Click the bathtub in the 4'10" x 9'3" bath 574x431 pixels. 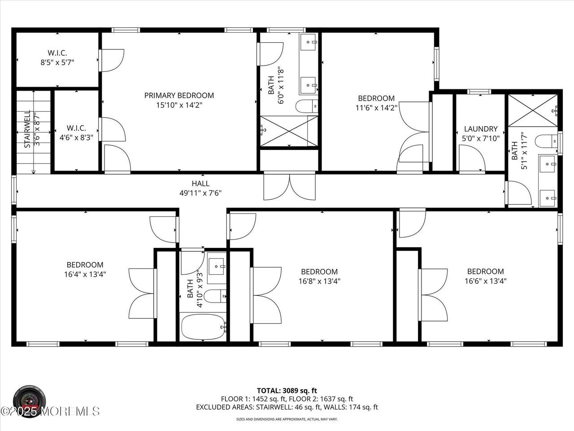(x=203, y=327)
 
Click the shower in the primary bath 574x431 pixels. (x=289, y=131)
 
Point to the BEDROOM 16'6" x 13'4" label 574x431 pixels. (x=485, y=276)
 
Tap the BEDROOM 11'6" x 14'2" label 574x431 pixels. (x=376, y=103)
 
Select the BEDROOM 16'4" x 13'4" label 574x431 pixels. (x=85, y=269)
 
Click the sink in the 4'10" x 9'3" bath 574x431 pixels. (x=217, y=266)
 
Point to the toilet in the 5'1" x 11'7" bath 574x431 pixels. (x=547, y=142)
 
